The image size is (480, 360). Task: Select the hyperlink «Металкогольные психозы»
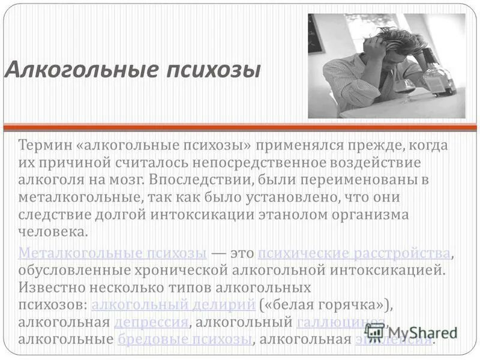pyautogui.click(x=113, y=253)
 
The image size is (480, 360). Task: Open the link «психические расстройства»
pyautogui.click(x=354, y=253)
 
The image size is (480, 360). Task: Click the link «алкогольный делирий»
pyautogui.click(x=173, y=305)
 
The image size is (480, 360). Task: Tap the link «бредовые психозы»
pyautogui.click(x=184, y=340)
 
